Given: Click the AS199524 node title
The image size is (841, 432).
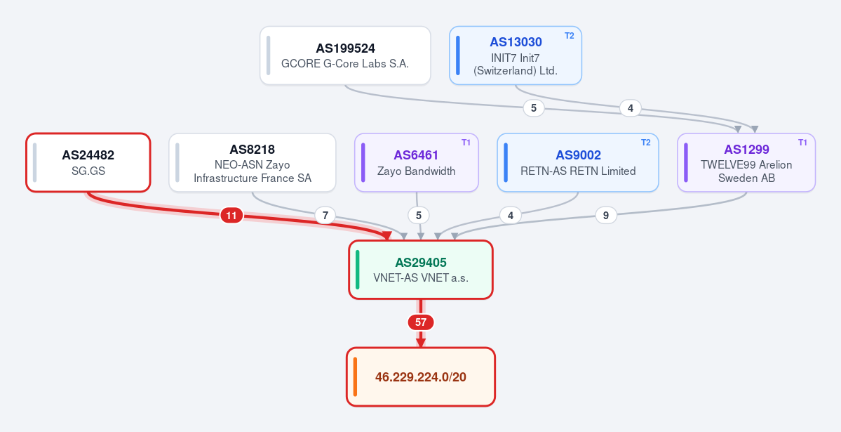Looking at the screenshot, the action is coord(345,48).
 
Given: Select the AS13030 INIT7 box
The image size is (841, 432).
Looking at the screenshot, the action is coord(516,55).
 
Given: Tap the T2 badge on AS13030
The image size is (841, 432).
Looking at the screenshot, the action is coord(569,36).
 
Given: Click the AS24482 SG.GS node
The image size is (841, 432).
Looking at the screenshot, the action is coord(88,162).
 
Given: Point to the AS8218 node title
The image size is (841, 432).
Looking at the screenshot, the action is coord(252,150).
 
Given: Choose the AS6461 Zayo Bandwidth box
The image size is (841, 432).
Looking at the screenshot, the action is coord(417,162).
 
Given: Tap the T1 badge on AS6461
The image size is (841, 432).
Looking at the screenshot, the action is coord(466,143).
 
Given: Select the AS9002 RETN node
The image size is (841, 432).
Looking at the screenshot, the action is coord(578,162).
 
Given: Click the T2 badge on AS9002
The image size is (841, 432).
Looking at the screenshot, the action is coord(646,143).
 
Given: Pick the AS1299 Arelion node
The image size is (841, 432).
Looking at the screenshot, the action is coord(746,162).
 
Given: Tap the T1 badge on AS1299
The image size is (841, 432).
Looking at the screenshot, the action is coord(802,143).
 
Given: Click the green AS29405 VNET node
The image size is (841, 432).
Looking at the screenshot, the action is coord(421,270).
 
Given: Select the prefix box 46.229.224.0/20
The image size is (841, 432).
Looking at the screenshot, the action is coord(421,377).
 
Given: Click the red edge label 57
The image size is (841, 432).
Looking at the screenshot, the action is coord(421,322).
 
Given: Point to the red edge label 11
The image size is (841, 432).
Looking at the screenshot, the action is coord(231,216).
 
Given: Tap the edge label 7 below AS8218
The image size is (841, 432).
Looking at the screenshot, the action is coord(325,216).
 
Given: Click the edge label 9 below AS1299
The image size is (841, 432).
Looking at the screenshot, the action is coord(606,216).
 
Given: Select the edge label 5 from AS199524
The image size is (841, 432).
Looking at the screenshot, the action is coord(534,108).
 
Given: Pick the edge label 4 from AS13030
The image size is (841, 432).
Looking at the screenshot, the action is coord(631,108).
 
